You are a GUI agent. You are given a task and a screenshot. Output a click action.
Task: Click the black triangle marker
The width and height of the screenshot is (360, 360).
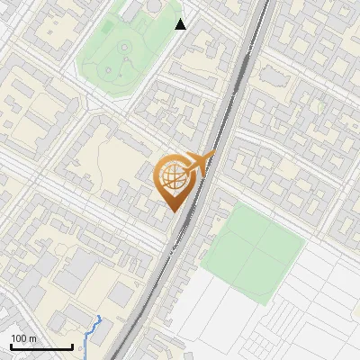[181, 24]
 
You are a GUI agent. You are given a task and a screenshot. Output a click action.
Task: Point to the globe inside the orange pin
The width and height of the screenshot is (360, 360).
[174, 177]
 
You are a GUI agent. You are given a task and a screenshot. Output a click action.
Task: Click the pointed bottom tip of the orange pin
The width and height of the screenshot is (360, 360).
[175, 211]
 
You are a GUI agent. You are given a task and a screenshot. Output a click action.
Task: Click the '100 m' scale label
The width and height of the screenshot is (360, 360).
[24, 337]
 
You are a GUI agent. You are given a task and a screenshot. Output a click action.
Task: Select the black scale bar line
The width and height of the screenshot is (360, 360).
[41, 346]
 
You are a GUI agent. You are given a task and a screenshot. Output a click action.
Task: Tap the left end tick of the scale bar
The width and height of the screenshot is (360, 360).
[11, 345]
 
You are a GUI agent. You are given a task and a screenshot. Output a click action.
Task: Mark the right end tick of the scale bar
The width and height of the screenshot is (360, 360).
[72, 345]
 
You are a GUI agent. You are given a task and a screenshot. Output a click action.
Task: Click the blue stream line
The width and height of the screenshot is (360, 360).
[90, 333]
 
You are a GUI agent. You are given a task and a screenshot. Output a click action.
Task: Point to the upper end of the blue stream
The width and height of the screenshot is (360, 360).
[98, 318]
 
